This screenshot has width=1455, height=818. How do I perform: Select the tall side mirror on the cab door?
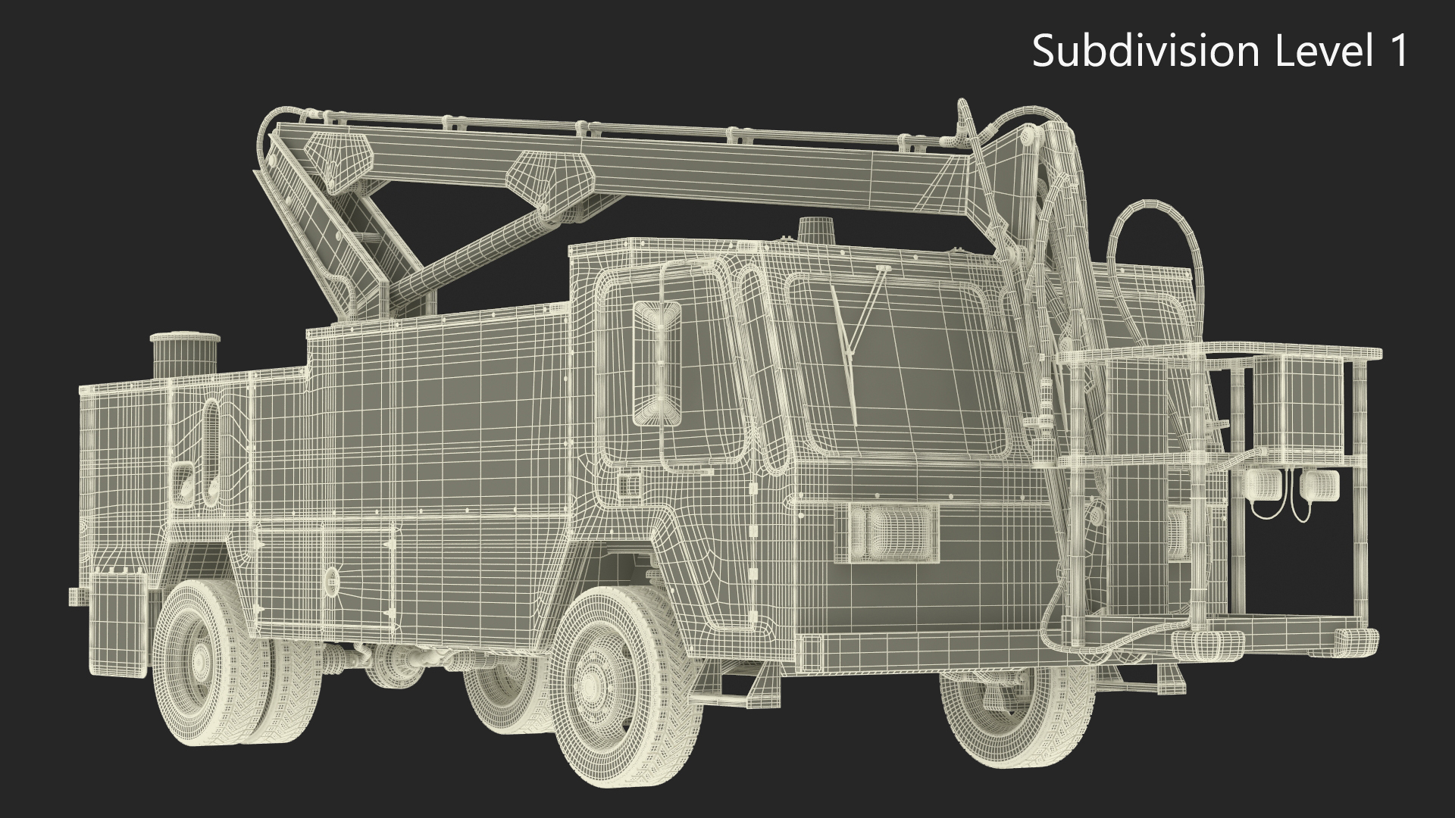click(x=656, y=364)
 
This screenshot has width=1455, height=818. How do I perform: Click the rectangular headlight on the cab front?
click(x=887, y=533)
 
